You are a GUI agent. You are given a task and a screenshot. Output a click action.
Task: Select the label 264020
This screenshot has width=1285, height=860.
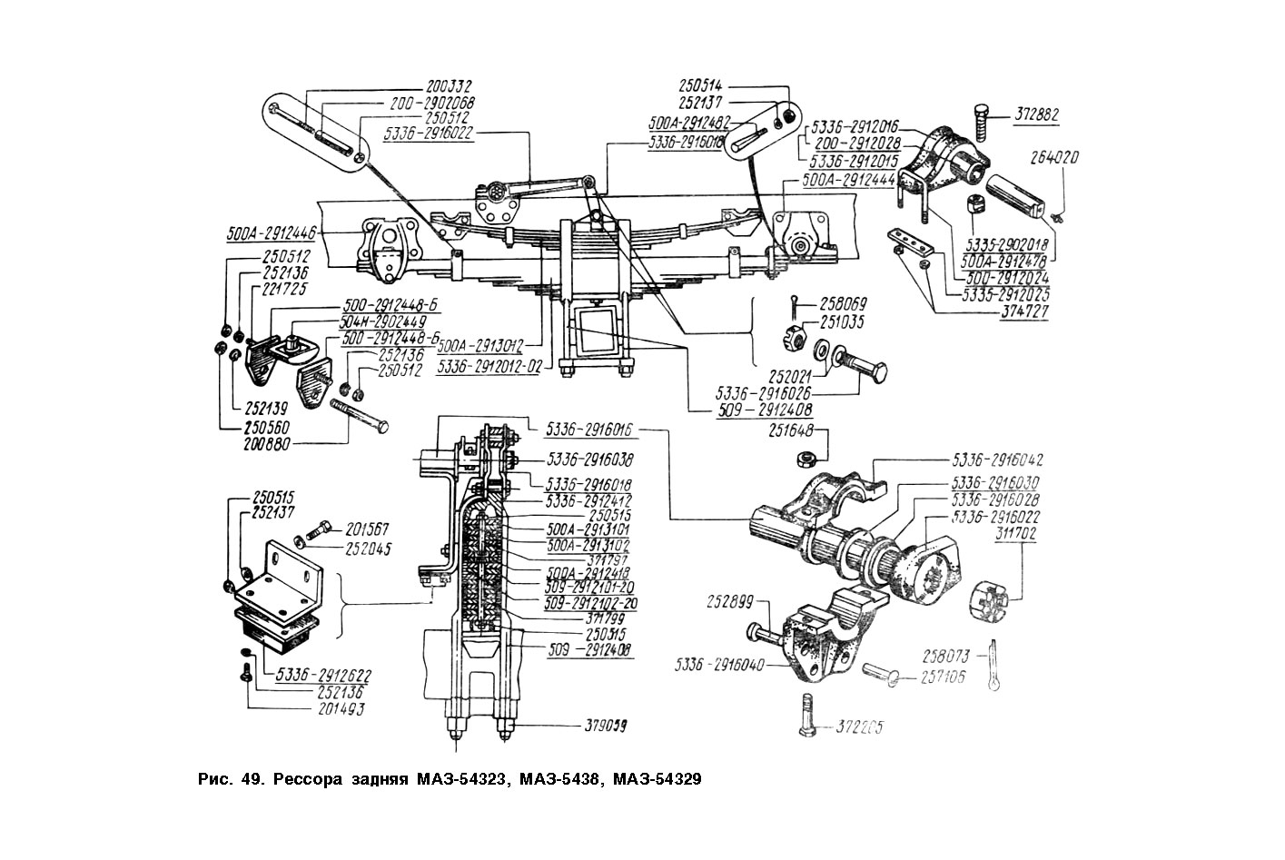[1055, 157]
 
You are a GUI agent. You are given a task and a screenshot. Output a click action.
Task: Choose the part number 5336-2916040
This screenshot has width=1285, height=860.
[720, 665]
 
